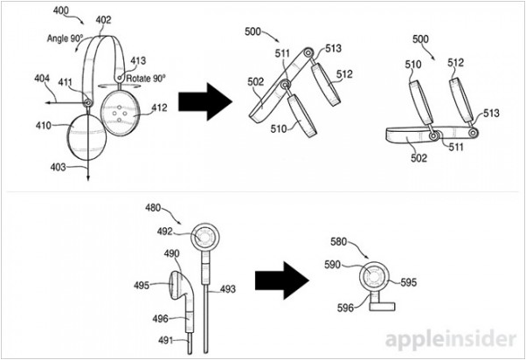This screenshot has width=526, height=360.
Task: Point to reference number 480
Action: tap(155, 209)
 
